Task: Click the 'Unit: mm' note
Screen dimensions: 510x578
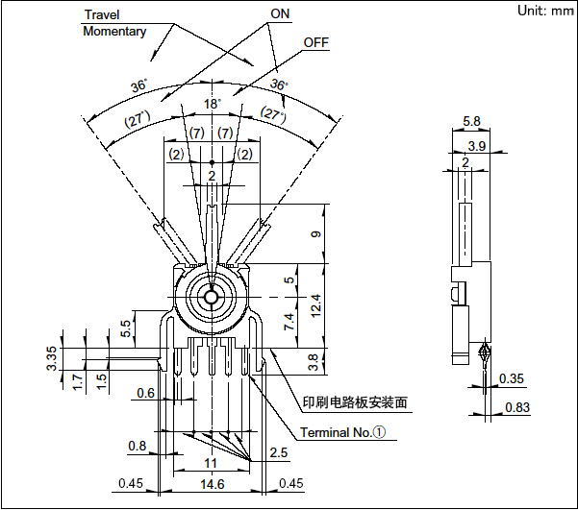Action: click(x=543, y=11)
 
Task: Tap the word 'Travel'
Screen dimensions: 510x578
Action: click(x=103, y=14)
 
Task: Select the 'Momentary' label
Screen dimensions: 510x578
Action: click(x=114, y=31)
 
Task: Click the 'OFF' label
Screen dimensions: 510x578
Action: click(x=316, y=43)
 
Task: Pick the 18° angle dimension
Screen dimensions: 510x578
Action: click(x=212, y=103)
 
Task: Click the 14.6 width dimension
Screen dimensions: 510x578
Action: click(x=211, y=483)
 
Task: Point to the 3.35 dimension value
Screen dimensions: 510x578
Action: click(x=52, y=360)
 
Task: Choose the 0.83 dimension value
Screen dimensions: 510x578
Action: click(x=517, y=407)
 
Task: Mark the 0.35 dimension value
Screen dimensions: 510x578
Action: click(x=513, y=377)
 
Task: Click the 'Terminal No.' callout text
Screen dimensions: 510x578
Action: click(x=341, y=432)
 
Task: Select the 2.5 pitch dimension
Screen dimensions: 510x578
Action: click(x=278, y=452)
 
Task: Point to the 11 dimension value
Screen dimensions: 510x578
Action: click(x=211, y=463)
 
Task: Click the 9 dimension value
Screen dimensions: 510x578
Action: click(x=317, y=233)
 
